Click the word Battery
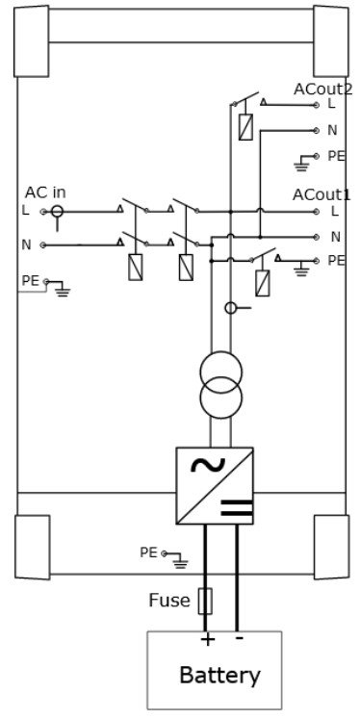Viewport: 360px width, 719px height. click(x=219, y=676)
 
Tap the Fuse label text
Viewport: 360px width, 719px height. click(x=169, y=601)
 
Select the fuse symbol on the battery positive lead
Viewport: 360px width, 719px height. click(x=205, y=602)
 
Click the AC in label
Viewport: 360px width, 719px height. click(x=45, y=193)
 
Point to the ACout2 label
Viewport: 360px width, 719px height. click(x=322, y=90)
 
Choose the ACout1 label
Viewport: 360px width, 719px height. click(x=321, y=194)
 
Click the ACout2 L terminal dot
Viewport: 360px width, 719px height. click(x=316, y=105)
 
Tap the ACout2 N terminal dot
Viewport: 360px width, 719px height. click(x=316, y=131)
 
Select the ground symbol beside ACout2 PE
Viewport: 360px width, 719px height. click(x=301, y=164)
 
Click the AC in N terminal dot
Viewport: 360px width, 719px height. click(x=43, y=244)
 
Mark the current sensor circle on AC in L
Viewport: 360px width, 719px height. click(x=57, y=212)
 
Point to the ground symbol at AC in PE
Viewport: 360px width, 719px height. click(x=62, y=289)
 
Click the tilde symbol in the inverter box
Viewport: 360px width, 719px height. click(x=208, y=465)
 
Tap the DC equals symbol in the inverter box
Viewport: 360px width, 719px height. click(x=237, y=507)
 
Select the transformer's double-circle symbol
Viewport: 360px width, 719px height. click(x=221, y=385)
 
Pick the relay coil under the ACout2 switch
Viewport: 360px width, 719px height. click(x=245, y=127)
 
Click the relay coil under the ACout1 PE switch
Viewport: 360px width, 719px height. click(x=263, y=283)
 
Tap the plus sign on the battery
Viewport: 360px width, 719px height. click(x=208, y=639)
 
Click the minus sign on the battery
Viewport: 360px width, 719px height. click(x=240, y=638)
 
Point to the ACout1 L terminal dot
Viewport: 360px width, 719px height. click(x=316, y=212)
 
